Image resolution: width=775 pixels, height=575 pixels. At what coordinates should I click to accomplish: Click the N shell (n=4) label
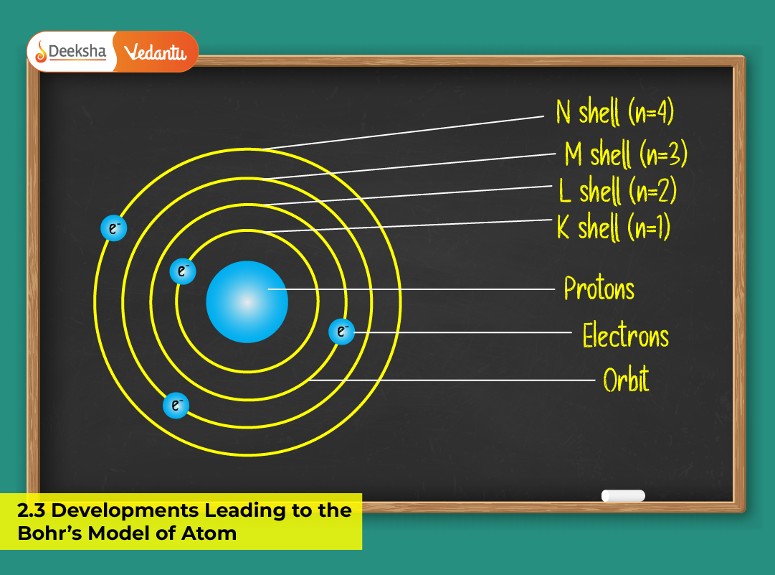(614, 113)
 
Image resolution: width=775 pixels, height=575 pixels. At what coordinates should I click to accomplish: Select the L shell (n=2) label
(617, 191)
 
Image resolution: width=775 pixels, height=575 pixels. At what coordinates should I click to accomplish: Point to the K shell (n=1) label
(613, 228)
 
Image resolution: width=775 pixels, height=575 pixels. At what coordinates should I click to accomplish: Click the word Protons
(599, 289)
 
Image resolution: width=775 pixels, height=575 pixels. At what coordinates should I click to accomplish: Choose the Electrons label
(625, 336)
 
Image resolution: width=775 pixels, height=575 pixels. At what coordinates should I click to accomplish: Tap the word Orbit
(626, 380)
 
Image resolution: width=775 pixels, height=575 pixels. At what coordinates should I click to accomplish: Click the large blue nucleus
(247, 302)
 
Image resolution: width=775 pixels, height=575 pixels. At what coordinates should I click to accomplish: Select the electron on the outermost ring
(114, 228)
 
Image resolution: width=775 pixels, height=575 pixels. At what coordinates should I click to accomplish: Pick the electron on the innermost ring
(183, 271)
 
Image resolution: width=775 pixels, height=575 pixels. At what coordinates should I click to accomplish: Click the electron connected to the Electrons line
(341, 332)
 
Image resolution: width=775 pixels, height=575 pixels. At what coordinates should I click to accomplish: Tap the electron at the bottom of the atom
(176, 406)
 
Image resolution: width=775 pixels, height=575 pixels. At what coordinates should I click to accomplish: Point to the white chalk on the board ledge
(622, 495)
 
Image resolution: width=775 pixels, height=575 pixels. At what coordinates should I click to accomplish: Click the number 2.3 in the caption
(32, 511)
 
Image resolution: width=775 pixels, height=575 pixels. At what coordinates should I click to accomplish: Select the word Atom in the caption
(214, 533)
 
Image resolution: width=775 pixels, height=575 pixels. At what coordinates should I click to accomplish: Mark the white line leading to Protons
(416, 289)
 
